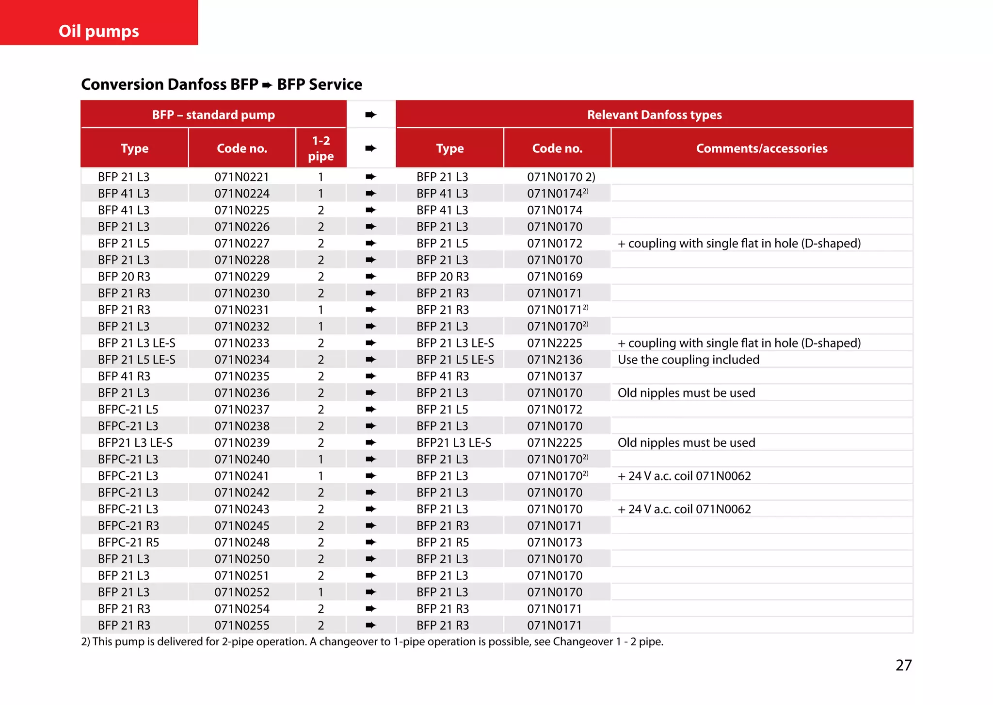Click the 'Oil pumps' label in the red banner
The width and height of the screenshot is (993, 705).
pos(99,31)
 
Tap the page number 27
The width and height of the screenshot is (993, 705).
pos(903,665)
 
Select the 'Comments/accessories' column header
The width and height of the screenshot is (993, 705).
pos(761,148)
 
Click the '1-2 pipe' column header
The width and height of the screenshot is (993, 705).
pos(320,148)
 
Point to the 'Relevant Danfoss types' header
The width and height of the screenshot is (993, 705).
pos(654,115)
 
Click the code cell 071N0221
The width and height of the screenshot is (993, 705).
pos(241,177)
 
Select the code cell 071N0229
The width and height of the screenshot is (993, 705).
pos(241,277)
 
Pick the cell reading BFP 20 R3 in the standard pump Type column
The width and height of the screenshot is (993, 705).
pos(124,277)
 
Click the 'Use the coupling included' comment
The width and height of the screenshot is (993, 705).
pos(688,360)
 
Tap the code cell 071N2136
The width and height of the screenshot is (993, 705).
pos(555,360)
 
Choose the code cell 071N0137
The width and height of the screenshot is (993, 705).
pos(555,376)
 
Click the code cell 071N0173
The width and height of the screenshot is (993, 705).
pos(555,542)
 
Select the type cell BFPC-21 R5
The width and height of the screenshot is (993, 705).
pos(128,542)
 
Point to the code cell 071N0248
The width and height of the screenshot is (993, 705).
pos(241,542)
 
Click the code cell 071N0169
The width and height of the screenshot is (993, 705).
pos(555,277)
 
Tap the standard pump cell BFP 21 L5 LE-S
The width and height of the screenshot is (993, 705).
pos(137,360)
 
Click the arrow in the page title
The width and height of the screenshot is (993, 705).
pos(267,85)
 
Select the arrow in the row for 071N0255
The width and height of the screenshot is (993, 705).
pos(370,625)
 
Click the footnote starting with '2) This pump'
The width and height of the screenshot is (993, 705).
pos(372,641)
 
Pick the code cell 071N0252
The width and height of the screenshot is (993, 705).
pos(241,592)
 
